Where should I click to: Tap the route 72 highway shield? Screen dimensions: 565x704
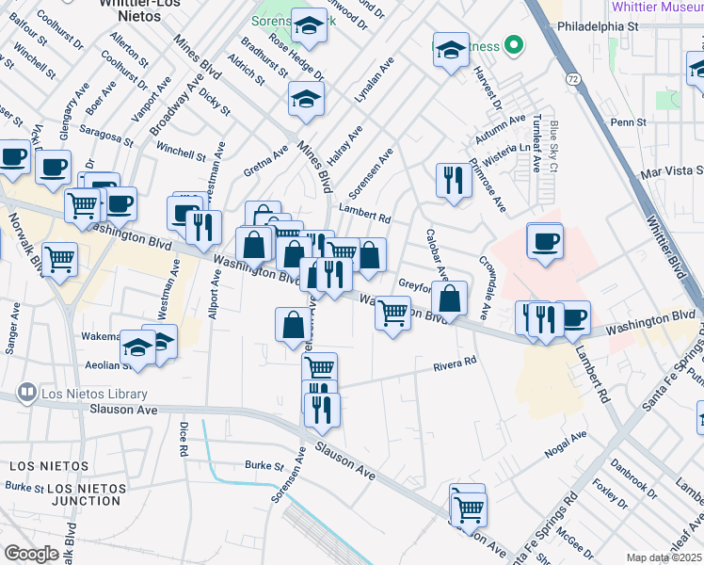point(573,79)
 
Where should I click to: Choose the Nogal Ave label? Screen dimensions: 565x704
point(566,445)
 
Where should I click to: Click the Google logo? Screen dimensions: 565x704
point(31,554)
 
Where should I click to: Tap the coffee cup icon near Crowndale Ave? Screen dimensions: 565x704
point(544,242)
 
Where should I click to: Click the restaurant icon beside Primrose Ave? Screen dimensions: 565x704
point(454,180)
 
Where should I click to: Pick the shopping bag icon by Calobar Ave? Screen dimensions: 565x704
point(452,299)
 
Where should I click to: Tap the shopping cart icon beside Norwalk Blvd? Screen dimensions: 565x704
point(60,258)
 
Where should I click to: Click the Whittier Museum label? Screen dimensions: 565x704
point(656,7)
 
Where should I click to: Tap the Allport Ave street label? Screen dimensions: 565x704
point(215,295)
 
